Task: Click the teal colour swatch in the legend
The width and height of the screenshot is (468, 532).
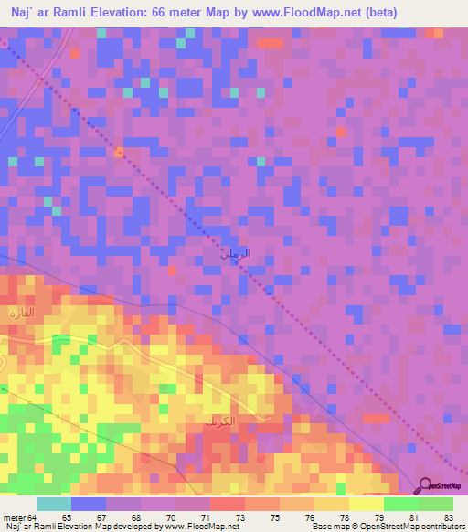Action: [x=53, y=504]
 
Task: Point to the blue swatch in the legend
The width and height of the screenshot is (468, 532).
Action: [x=89, y=504]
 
